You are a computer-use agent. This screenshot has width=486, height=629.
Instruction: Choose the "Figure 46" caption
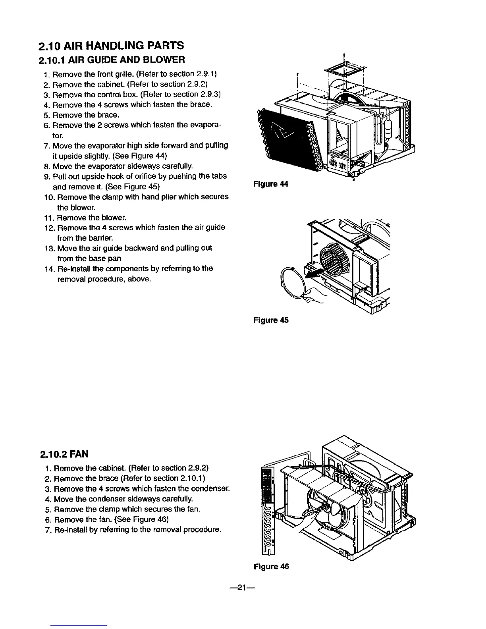(271, 567)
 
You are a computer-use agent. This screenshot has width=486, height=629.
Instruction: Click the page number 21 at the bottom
(243, 588)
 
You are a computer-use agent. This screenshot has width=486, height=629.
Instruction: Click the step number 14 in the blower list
(50, 269)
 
